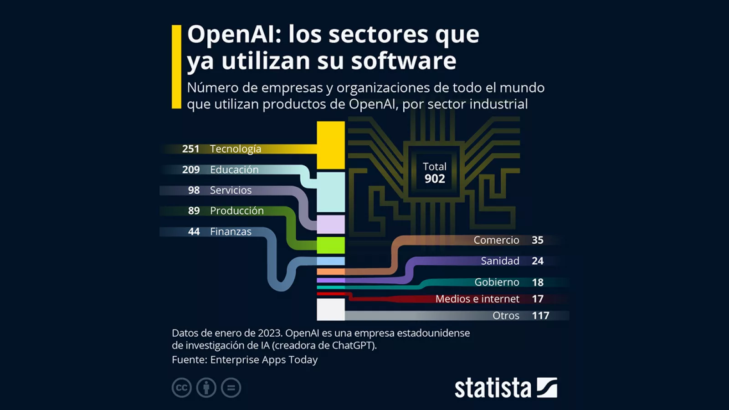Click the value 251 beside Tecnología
click(x=190, y=149)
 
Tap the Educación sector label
click(x=234, y=169)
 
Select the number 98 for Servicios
click(x=194, y=190)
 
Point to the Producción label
click(x=236, y=211)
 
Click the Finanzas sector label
click(x=231, y=231)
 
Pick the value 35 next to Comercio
click(x=537, y=240)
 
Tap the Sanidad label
click(x=500, y=261)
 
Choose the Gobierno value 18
click(x=538, y=282)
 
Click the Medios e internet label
click(x=477, y=299)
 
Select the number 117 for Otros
click(x=540, y=316)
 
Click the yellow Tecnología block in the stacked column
click(x=331, y=145)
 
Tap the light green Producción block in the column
click(x=331, y=245)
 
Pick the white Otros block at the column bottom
click(x=331, y=309)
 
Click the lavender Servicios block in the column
click(x=331, y=225)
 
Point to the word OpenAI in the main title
click(x=234, y=35)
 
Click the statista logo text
click(x=493, y=388)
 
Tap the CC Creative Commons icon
click(x=181, y=388)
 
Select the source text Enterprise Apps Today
click(x=264, y=360)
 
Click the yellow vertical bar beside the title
click(x=176, y=67)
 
